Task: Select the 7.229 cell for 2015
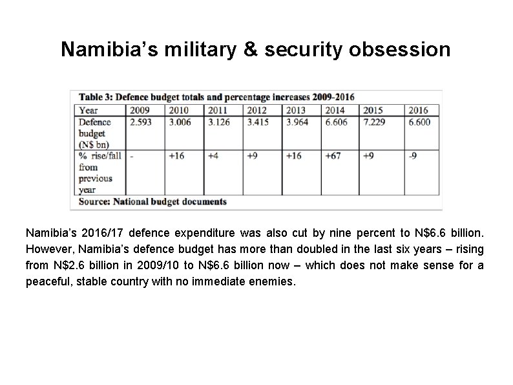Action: [377, 122]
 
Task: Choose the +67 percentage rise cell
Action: [334, 156]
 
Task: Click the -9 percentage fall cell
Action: [414, 156]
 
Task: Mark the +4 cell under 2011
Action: [214, 156]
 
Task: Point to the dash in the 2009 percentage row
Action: [132, 156]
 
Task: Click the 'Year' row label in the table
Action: [89, 110]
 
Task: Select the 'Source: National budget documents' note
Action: [153, 201]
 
